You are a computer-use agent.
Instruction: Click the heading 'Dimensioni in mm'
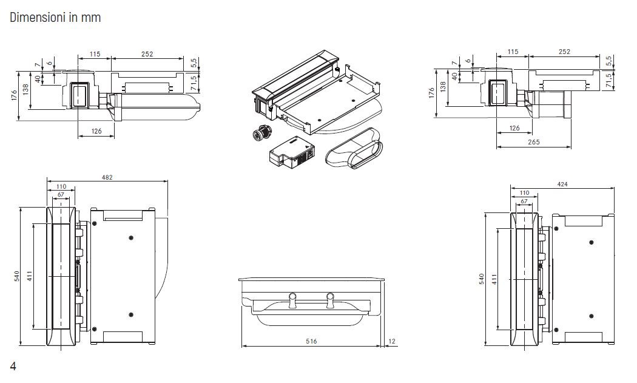click(x=55, y=18)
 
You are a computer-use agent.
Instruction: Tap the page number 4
click(x=13, y=367)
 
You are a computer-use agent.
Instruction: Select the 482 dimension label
click(x=107, y=177)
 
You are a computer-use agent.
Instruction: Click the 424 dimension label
click(x=562, y=184)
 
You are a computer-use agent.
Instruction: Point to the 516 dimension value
click(x=311, y=342)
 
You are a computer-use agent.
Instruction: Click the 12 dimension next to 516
click(x=392, y=342)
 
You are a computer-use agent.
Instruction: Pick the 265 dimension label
click(x=534, y=142)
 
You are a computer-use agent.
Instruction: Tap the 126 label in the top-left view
click(x=96, y=131)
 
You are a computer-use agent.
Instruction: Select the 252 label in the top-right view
click(x=564, y=52)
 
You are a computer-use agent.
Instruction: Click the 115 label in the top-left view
click(x=95, y=53)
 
